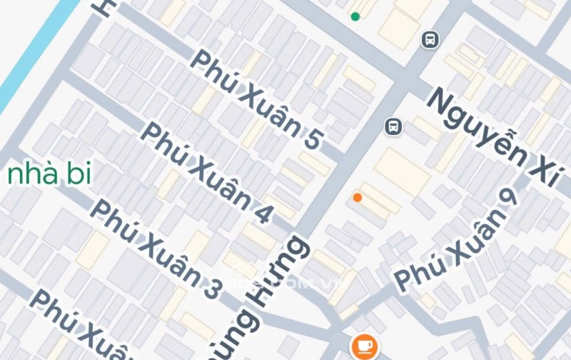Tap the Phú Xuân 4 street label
pos(207,172)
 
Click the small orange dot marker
pos(358,197)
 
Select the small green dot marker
pos(355,16)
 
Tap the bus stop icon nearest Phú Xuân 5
pos(392,126)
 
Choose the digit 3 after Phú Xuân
pos(211,289)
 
